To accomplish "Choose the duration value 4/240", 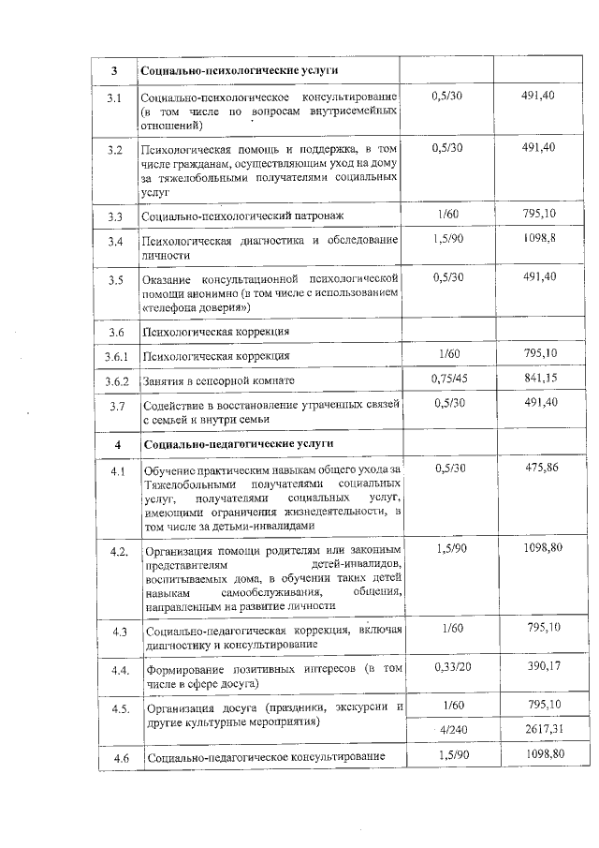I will click(451, 729).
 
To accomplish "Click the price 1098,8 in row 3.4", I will click(542, 239).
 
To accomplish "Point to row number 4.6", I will click(119, 757).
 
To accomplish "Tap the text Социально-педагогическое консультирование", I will click(265, 757).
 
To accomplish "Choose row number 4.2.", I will click(119, 551).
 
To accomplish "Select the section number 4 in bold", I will click(117, 443).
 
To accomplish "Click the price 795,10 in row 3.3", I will click(542, 215).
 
